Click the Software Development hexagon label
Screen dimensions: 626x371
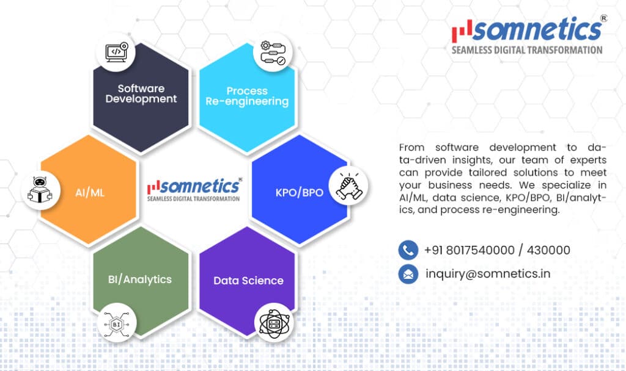[x=141, y=93]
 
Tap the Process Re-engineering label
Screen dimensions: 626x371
[x=247, y=96]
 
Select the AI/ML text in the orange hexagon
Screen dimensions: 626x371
[x=90, y=193]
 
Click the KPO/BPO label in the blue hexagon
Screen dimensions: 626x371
[x=299, y=193]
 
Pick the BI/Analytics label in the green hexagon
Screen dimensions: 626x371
[x=140, y=279]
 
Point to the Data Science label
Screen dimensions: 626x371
[x=248, y=281]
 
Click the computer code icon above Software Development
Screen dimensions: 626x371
[x=116, y=52]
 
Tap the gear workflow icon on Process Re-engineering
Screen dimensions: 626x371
[x=273, y=52]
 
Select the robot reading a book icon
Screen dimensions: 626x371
[x=40, y=190]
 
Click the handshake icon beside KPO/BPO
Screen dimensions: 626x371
[x=348, y=185]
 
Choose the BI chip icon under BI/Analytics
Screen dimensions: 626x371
[x=117, y=325]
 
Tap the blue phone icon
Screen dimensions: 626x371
[x=408, y=250]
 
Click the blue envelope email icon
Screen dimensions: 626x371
[x=408, y=274]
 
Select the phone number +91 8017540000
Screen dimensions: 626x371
[x=469, y=250]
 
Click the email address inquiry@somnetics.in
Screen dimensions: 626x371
[x=488, y=274]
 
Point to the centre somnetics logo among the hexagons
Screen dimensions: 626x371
[x=194, y=190]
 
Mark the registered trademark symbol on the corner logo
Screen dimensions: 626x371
[x=603, y=18]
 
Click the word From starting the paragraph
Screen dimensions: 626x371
[x=411, y=148]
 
